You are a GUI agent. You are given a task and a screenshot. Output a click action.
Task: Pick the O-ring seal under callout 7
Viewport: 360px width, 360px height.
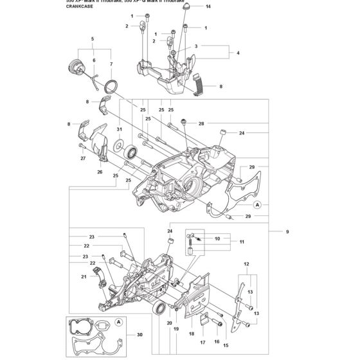point(111,85)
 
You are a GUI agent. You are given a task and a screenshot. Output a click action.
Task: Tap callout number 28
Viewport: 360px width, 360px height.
point(201,123)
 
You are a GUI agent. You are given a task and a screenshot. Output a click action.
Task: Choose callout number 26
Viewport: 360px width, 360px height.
point(100,172)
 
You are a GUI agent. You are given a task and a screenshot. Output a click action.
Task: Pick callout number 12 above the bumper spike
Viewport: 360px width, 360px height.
point(246,264)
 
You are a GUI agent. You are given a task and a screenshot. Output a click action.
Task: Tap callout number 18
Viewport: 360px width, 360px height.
point(191,334)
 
